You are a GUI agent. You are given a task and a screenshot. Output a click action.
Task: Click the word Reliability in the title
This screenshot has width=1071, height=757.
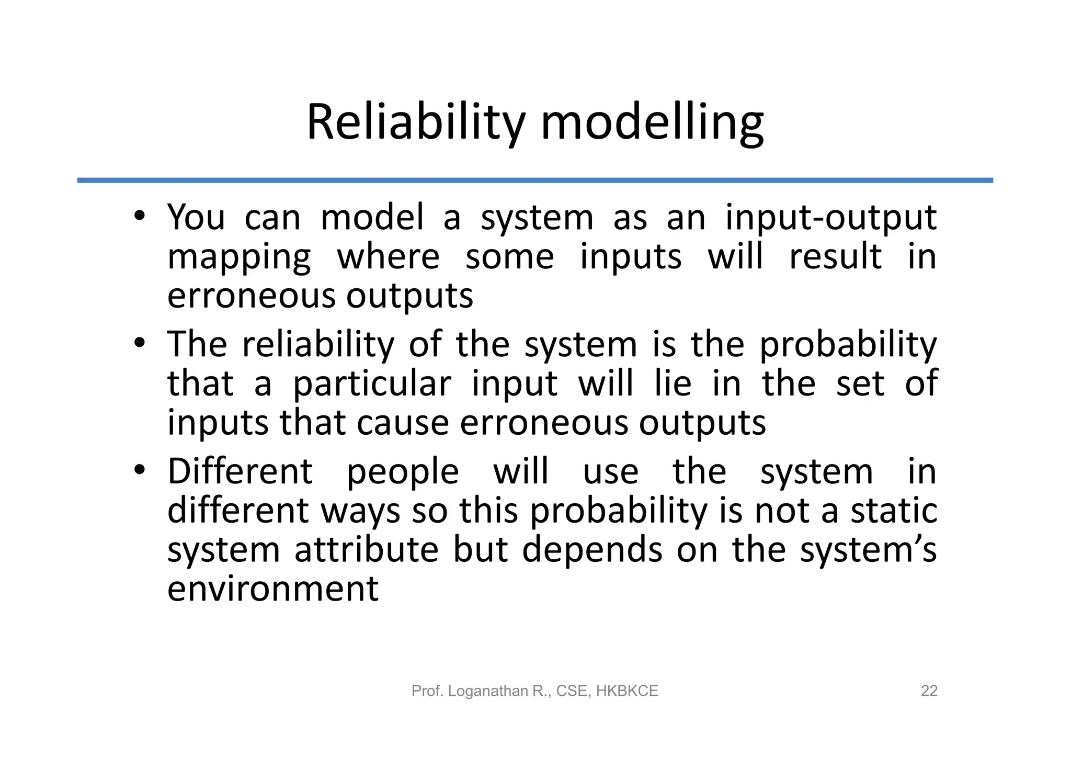[x=415, y=123]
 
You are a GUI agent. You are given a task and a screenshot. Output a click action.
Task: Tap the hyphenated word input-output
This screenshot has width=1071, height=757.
[x=831, y=218]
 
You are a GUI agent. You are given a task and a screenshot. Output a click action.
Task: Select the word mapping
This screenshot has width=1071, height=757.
[x=239, y=258]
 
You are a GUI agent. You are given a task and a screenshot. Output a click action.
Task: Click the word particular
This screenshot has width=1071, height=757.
[x=371, y=383]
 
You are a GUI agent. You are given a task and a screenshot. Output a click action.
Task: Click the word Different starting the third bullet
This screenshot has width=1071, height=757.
[x=240, y=471]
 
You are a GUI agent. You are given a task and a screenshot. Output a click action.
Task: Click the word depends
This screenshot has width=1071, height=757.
[x=592, y=550]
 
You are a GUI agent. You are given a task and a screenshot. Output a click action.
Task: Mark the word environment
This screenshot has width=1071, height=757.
[x=272, y=589]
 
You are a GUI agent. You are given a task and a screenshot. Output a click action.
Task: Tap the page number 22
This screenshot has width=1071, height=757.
[x=929, y=691]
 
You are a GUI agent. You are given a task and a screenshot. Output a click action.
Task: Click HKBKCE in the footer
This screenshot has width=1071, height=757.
[x=626, y=691]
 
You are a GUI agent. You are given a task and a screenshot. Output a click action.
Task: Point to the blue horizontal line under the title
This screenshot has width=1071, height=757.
[x=534, y=180]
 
